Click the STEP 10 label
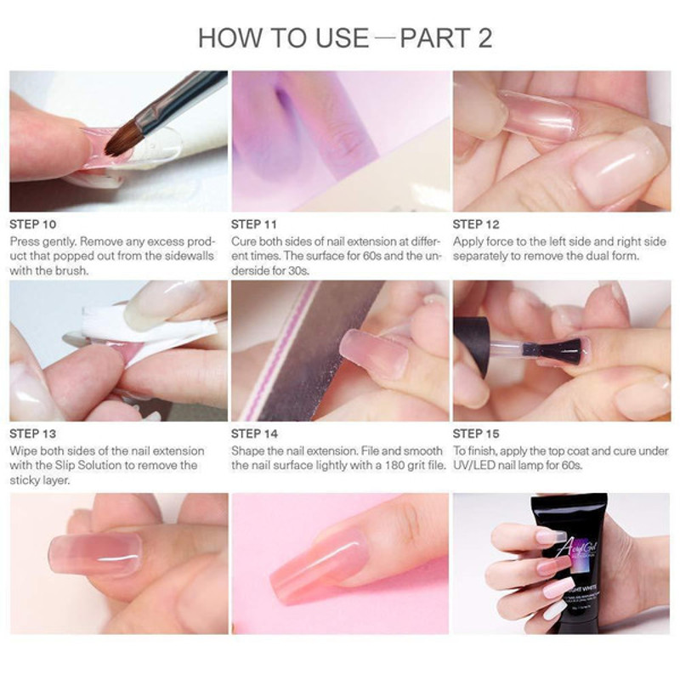[x=33, y=224]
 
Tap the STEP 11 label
[x=253, y=224]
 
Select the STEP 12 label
[x=476, y=224]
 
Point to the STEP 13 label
[x=33, y=433]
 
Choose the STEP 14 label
[x=254, y=433]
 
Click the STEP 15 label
[x=476, y=433]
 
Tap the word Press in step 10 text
[x=25, y=241]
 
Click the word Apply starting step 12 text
[x=467, y=242]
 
